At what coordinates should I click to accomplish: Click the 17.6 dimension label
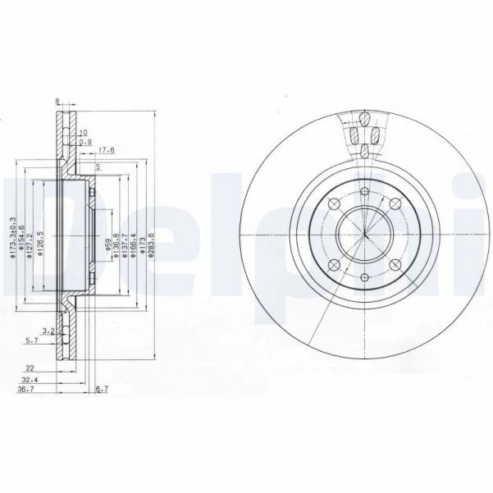[107, 150]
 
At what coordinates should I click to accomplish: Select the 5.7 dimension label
[32, 340]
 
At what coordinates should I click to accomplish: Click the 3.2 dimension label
[48, 331]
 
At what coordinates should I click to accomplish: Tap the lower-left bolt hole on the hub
[334, 265]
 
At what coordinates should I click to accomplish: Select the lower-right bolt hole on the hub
[393, 265]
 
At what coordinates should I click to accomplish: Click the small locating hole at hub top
[363, 189]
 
